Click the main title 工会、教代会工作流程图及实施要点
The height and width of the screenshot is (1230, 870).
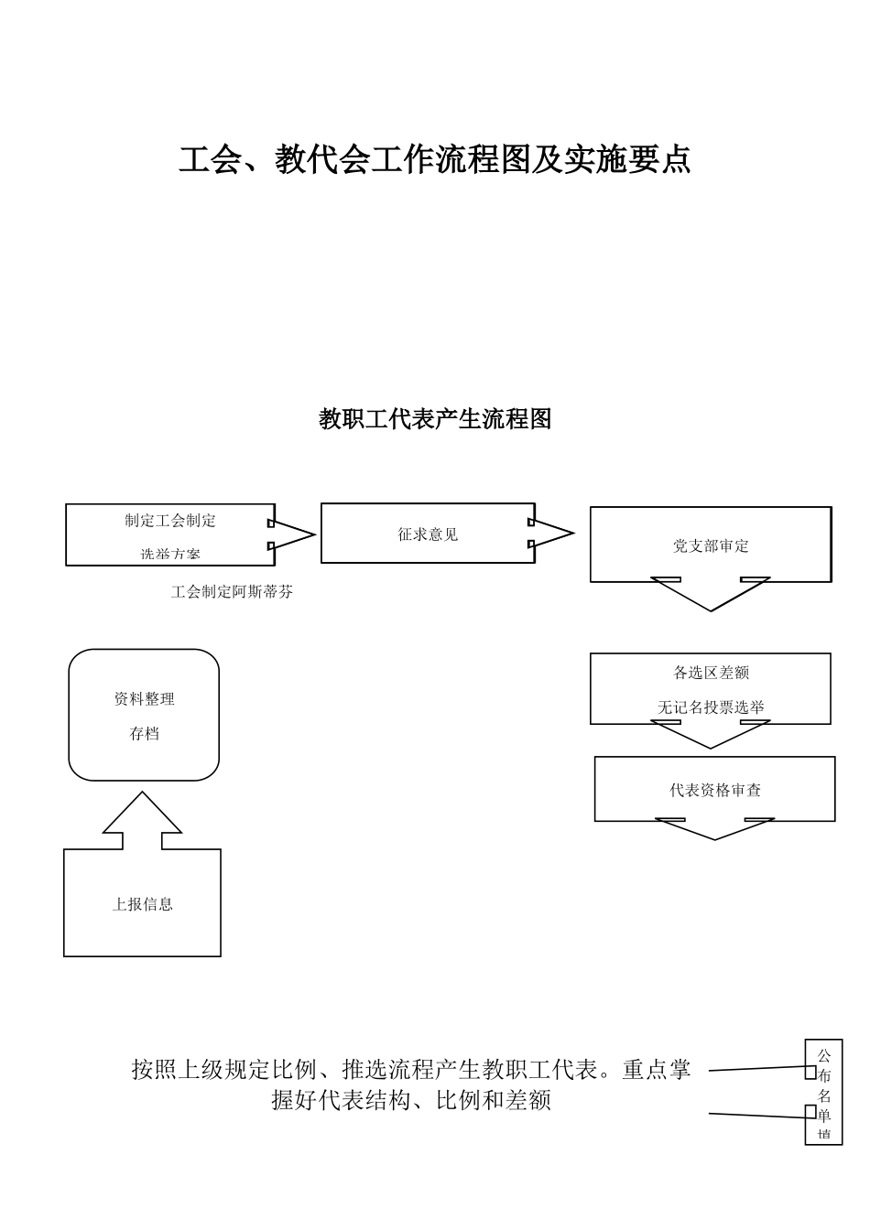[434, 159]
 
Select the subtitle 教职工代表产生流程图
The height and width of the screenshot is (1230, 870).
[434, 419]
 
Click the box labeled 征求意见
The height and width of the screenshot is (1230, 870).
[428, 534]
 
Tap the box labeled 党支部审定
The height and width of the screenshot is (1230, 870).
[711, 545]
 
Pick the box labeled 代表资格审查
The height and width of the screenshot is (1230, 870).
[714, 790]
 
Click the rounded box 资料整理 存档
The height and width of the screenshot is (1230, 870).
[144, 716]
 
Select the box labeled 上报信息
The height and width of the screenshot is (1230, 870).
[142, 904]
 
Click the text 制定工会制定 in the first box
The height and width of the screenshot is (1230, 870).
[170, 520]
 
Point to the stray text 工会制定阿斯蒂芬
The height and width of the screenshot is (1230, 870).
[232, 592]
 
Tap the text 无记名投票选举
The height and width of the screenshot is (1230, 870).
[711, 707]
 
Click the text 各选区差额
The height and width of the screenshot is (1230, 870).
[711, 673]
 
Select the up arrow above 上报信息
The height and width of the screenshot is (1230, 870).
[142, 820]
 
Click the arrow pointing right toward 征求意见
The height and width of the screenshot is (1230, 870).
[291, 534]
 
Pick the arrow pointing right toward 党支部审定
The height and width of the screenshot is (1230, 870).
[551, 533]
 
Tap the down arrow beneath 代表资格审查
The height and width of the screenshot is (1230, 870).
[714, 828]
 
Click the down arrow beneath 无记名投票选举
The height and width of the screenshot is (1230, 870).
[711, 734]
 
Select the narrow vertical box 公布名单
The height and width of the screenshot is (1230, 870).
[823, 1092]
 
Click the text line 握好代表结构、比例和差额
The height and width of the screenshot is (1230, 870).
[411, 1100]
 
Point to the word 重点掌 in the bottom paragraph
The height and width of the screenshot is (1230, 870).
[657, 1069]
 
